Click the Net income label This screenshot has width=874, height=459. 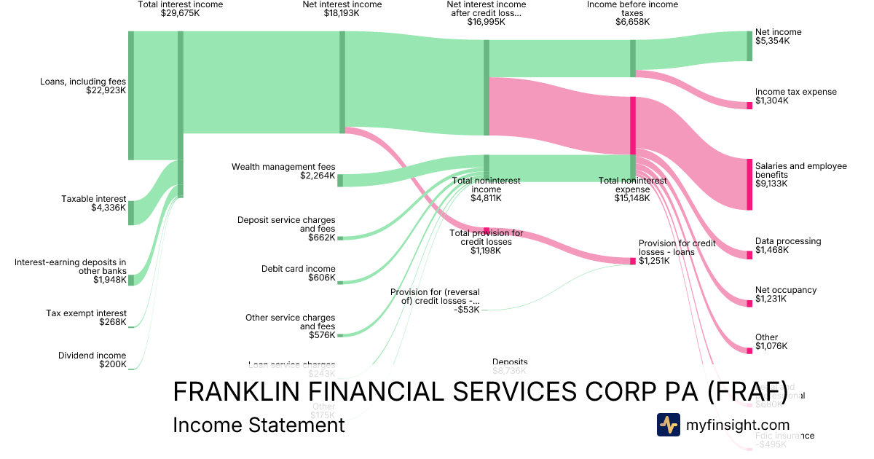pos(778,32)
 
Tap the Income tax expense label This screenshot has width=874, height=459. pos(795,92)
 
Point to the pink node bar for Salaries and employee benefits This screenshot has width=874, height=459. pos(749,184)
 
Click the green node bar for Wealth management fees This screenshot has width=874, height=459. pos(340,180)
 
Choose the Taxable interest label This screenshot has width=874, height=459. pos(93,199)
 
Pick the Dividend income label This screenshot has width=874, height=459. pos(92,356)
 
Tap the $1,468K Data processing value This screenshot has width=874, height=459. pos(772,250)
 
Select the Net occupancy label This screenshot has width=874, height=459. pos(785,290)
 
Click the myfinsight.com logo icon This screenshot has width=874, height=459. pos(668,425)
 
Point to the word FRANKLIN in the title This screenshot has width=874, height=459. pos(233,391)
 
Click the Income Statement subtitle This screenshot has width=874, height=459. pos(259,425)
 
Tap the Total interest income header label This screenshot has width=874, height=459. pos(180,4)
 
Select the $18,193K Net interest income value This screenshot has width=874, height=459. pos(342,13)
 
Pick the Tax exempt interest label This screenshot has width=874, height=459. pos(86,313)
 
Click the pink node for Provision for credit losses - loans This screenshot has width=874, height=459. pos(633,261)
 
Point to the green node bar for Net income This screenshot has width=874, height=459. pos(749,46)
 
